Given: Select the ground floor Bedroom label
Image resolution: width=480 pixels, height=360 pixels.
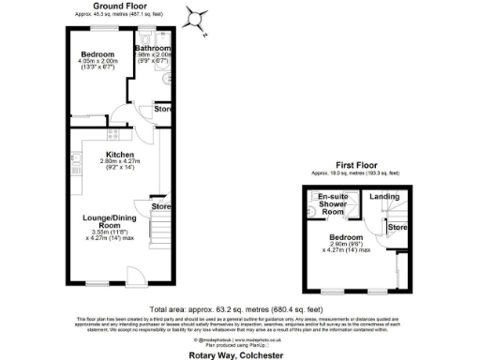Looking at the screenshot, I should point(97,53).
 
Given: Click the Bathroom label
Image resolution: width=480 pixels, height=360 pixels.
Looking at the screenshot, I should point(153,48).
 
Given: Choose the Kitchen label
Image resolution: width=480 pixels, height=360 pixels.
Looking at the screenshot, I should point(119,155).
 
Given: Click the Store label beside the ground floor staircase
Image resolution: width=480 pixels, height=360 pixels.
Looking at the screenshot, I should point(161,206).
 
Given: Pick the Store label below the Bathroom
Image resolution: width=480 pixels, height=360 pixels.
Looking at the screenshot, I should point(161,110).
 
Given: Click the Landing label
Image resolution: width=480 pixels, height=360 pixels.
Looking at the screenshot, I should point(384,197).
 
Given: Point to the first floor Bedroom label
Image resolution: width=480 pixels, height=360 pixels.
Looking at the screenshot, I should point(346,236).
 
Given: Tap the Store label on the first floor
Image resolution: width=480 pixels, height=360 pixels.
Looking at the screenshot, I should point(397,228).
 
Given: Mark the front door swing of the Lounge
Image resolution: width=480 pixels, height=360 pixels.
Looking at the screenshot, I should point(133,274).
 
